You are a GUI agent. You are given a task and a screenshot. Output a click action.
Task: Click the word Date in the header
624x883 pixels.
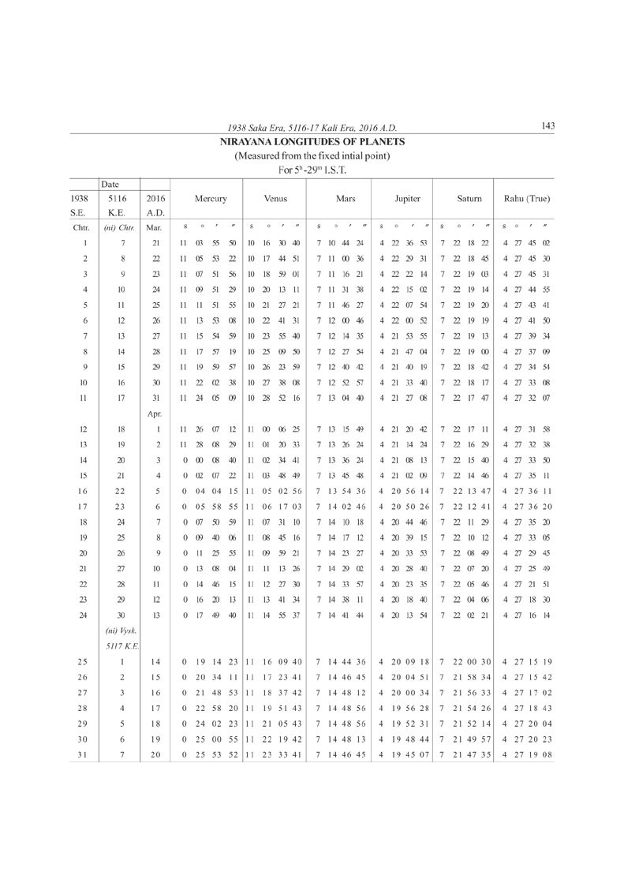click(110, 183)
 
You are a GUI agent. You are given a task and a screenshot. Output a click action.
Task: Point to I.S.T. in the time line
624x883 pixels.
click(334, 170)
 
